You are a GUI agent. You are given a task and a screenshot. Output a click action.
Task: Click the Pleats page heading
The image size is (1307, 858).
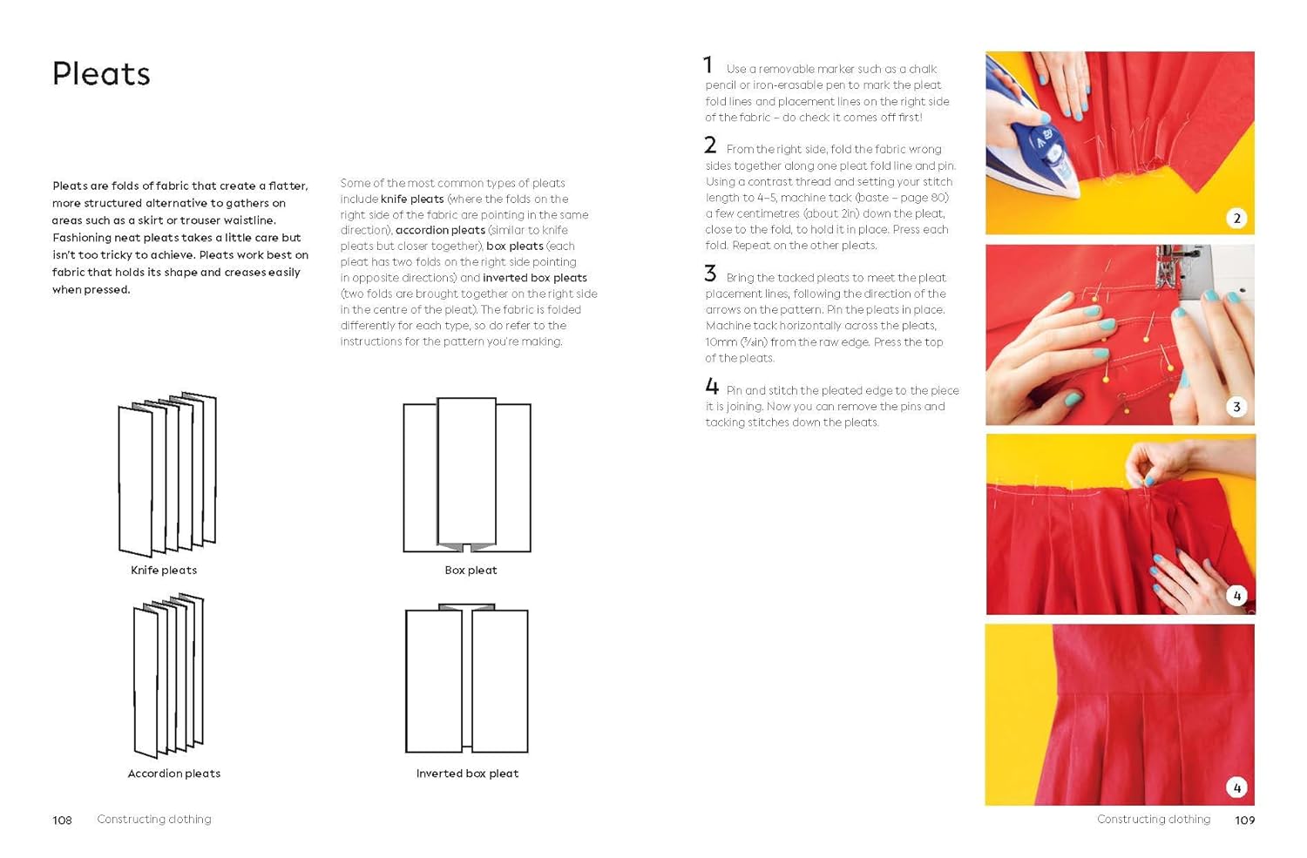[101, 75]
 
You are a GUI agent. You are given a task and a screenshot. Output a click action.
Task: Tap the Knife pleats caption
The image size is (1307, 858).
[164, 570]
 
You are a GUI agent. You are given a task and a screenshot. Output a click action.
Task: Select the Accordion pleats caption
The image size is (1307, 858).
[174, 774]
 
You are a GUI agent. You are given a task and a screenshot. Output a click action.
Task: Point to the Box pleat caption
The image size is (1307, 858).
[471, 570]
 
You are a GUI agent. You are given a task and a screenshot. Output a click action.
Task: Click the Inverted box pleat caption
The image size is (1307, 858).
[467, 774]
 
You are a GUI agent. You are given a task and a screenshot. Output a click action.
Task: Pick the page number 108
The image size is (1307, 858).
[63, 820]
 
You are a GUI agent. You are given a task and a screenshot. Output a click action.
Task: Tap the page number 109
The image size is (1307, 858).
[1244, 820]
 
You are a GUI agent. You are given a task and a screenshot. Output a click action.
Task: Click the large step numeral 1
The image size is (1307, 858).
[708, 64]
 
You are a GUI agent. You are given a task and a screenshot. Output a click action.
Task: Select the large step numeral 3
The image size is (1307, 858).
[710, 273]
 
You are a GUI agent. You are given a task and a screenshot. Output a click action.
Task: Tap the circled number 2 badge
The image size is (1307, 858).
[1236, 218]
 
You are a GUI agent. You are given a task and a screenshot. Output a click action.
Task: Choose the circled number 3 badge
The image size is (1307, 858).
[1236, 407]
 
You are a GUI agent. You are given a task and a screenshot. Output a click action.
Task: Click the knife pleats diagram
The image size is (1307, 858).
[167, 475]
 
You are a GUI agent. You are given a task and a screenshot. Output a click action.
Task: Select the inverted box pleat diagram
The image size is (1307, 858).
[467, 679]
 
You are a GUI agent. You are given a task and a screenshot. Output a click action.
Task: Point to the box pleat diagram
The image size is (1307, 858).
[467, 475]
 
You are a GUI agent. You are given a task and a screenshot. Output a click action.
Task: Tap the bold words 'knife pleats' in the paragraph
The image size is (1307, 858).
[412, 199]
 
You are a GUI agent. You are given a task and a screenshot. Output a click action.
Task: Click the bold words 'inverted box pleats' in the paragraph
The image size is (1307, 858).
[535, 278]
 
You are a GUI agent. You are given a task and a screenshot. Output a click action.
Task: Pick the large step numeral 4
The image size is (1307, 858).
[711, 386]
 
